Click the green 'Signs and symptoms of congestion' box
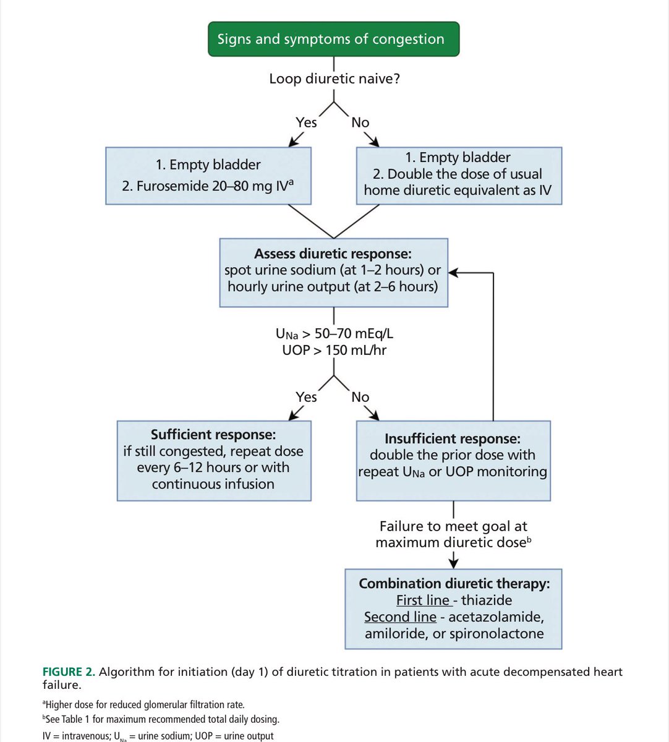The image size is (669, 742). coord(333,39)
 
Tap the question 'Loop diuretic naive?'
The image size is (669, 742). coord(334,79)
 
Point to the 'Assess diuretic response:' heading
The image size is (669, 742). coord(333,254)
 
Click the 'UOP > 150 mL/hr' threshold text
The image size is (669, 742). coord(334,350)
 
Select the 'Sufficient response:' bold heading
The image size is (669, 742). coord(213,434)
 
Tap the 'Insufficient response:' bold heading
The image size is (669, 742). coord(453,438)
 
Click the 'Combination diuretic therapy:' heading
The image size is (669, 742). coord(454,584)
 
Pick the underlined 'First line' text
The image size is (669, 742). coord(422,600)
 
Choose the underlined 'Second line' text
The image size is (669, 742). coord(400,617)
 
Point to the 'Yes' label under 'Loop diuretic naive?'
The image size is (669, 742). coord(306,122)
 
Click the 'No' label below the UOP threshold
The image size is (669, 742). coord(360,397)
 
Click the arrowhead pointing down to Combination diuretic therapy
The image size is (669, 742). coord(454,563)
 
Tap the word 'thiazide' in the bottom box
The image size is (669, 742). coord(486,600)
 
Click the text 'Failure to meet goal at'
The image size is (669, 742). coord(453,526)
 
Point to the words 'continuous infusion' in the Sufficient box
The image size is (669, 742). coord(213,484)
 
